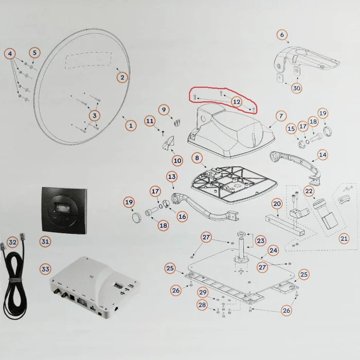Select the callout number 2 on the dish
[x=122, y=78]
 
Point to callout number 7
[x=281, y=116]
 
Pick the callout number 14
[x=322, y=154]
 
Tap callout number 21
[x=344, y=238]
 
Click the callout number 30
[x=296, y=88]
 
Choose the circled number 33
[x=45, y=269]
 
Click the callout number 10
[x=177, y=160]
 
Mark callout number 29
[x=203, y=292]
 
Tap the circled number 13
[x=172, y=176]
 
